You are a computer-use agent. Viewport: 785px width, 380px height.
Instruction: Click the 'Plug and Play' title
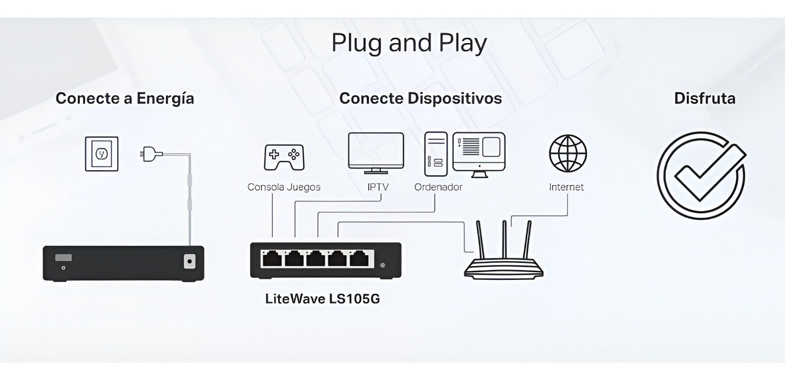click(409, 43)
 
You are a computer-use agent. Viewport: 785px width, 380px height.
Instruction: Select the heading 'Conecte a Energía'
click(125, 99)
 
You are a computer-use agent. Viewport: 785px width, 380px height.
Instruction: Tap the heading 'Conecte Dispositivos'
click(420, 99)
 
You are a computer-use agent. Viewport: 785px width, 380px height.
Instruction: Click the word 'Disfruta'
click(705, 99)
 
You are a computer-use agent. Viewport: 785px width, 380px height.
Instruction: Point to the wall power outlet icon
click(101, 154)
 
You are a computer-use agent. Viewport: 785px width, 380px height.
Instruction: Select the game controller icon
click(283, 156)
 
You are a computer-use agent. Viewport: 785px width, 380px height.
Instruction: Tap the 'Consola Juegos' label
click(284, 187)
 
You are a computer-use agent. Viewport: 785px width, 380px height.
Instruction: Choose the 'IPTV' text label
click(377, 187)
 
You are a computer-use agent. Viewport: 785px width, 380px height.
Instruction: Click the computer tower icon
click(435, 154)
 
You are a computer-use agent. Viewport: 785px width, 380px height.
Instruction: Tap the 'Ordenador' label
click(438, 187)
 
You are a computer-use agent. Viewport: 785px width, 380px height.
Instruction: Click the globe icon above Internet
click(567, 153)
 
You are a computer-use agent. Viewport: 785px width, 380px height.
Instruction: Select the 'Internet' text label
click(567, 187)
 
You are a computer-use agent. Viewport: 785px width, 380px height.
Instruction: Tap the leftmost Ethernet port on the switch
click(270, 259)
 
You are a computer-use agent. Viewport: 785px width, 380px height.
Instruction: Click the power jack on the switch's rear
click(189, 261)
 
